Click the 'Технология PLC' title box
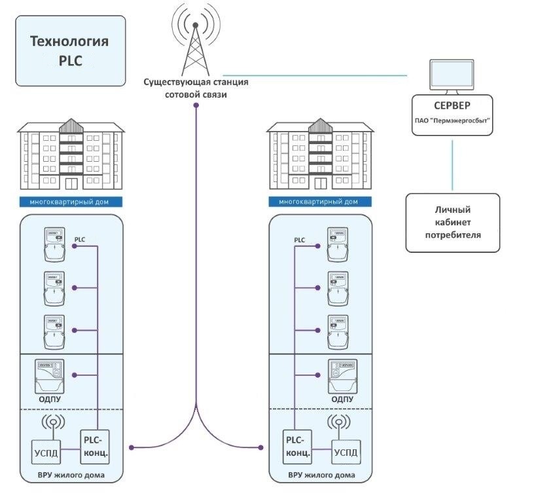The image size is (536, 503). tap(70, 51)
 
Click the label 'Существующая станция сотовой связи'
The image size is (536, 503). tap(196, 89)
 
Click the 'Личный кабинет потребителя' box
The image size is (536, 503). tap(452, 222)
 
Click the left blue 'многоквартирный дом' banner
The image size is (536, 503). tap(70, 202)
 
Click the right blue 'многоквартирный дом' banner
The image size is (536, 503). tap(321, 202)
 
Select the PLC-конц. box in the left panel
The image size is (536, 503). tap(94, 445)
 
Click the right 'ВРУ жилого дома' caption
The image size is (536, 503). tap(321, 474)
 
